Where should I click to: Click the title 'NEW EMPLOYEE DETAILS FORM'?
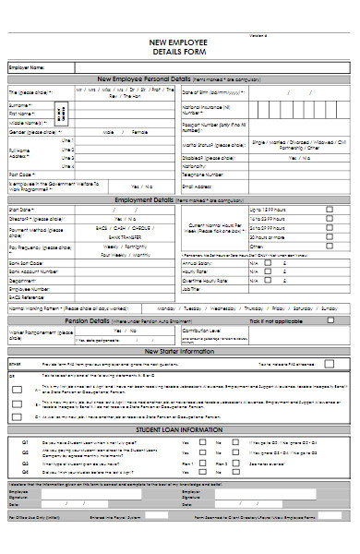click(179, 47)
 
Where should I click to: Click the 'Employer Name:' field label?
click(26, 67)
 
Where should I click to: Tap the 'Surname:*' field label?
click(20, 105)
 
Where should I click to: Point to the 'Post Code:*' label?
click(22, 174)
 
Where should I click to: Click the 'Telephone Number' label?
click(202, 174)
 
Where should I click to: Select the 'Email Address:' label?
click(200, 186)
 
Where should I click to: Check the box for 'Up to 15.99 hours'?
click(330, 210)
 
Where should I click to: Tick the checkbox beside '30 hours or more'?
click(330, 236)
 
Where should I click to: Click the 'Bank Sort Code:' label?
click(27, 262)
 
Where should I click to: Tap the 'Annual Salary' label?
click(198, 262)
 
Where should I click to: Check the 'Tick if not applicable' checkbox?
click(330, 320)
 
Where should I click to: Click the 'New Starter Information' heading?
click(179, 352)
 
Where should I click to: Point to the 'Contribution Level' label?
click(202, 330)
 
